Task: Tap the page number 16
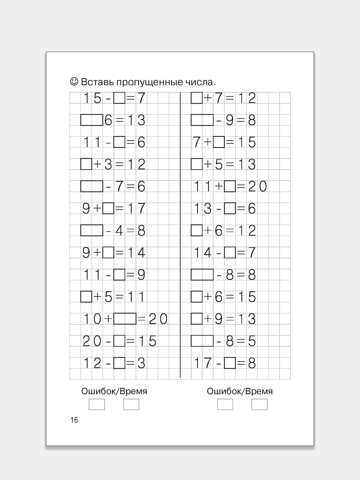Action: (74, 420)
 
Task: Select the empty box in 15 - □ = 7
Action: (119, 98)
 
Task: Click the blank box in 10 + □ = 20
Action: (125, 319)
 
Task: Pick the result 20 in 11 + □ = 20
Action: (257, 187)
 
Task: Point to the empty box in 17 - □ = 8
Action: (230, 363)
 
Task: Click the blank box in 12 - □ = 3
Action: (119, 363)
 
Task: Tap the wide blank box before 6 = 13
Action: (92, 120)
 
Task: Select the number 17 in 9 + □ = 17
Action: (136, 209)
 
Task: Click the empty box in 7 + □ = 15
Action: (219, 142)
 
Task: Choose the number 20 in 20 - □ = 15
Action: (92, 341)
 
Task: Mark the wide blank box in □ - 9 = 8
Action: (202, 120)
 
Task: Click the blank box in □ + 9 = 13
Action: (196, 319)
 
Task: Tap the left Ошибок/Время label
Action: (114, 391)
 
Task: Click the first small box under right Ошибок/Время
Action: (225, 405)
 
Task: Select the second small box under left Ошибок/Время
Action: (131, 405)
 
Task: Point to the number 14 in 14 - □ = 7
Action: (202, 253)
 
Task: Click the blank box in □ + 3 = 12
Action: (86, 164)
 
